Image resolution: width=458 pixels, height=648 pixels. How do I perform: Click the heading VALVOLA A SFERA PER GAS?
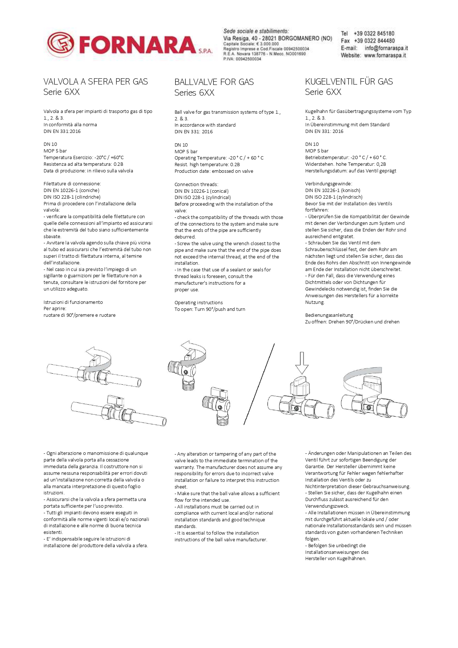[96, 82]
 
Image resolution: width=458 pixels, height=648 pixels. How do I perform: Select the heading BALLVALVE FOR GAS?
[214, 82]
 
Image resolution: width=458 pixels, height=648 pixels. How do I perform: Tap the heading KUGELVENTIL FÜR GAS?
[349, 82]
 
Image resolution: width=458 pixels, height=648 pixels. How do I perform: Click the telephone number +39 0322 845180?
[374, 34]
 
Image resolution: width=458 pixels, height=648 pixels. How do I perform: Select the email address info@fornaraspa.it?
[386, 48]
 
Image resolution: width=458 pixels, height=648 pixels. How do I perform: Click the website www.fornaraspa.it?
[385, 55]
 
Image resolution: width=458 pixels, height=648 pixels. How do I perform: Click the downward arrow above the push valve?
[302, 363]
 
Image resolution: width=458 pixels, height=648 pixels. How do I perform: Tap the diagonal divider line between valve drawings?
[259, 384]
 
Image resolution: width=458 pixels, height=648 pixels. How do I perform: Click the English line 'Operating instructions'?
[199, 303]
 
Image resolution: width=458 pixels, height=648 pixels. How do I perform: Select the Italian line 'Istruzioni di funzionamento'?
[73, 302]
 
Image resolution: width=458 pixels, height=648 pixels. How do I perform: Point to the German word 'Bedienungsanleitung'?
[329, 315]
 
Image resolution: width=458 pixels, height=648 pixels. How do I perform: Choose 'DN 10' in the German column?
[312, 144]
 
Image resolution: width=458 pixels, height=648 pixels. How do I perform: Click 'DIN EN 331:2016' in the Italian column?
[62, 131]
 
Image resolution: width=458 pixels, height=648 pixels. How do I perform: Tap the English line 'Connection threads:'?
[196, 185]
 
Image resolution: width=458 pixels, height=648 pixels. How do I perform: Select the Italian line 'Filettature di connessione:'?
[72, 184]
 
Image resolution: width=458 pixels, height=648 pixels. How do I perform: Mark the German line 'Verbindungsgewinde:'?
[328, 184]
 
